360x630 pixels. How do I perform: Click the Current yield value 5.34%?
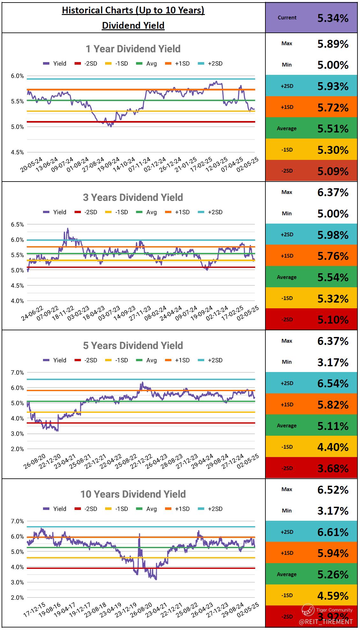click(x=333, y=18)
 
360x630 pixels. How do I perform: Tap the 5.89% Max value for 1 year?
click(x=333, y=44)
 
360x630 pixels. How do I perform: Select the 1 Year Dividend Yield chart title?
click(x=133, y=49)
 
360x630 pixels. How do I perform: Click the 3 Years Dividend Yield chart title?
click(x=133, y=197)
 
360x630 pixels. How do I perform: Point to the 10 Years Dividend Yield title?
click(x=133, y=494)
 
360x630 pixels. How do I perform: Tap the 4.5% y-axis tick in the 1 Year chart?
click(x=18, y=152)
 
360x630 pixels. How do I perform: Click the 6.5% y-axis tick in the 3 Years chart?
click(x=18, y=225)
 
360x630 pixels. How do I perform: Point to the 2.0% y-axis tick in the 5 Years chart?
click(x=18, y=449)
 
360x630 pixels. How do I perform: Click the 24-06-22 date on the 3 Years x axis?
click(x=32, y=313)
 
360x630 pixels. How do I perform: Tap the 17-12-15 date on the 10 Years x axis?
click(x=34, y=610)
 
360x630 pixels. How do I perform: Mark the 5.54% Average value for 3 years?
click(x=333, y=277)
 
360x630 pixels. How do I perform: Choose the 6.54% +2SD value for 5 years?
click(x=333, y=383)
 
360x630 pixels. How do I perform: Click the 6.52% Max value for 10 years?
click(x=333, y=490)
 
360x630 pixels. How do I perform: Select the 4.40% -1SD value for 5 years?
click(x=333, y=447)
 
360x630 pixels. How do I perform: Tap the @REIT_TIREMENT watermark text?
click(x=326, y=621)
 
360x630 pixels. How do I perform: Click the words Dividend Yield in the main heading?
click(x=133, y=25)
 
